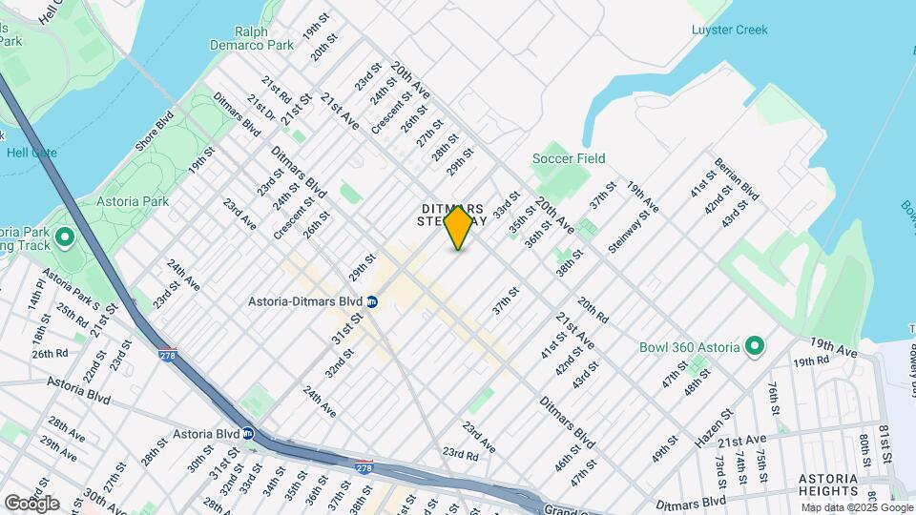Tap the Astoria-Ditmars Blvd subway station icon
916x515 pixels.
372,301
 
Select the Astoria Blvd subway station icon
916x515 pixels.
248,432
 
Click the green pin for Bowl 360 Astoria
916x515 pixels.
754,346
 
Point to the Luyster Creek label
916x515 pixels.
729,30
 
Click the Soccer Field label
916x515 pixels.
569,158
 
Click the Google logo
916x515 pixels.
31,503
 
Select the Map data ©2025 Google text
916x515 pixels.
857,507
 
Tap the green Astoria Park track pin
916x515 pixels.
65,237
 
